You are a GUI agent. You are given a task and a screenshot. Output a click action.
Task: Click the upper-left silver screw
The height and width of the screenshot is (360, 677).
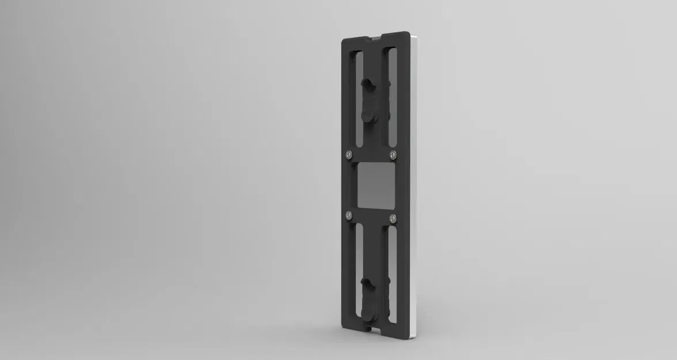coord(349,154)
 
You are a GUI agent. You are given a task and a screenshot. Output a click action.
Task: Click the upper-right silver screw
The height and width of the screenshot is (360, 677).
coord(393,154)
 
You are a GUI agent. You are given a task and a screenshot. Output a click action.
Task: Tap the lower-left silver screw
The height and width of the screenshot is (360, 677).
coord(349,215)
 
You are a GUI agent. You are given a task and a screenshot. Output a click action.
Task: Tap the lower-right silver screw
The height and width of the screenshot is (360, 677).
coord(393,217)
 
